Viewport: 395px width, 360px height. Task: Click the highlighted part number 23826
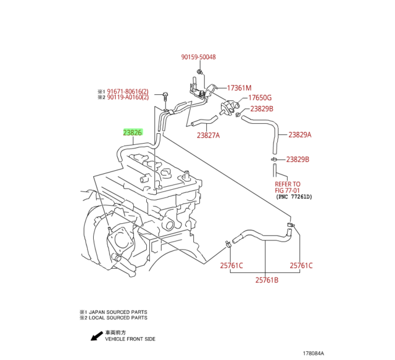[x=133, y=133]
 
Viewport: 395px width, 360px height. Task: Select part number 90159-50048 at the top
[x=198, y=57]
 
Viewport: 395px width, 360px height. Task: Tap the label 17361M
[x=239, y=88]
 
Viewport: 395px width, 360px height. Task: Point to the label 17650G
[x=259, y=98]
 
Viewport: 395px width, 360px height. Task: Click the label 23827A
[x=209, y=136]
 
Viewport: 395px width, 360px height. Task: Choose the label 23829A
[x=300, y=135]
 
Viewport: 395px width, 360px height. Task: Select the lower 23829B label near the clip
[x=297, y=160]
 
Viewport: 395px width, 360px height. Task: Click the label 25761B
[x=267, y=280]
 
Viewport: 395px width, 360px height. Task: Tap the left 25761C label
[x=231, y=266]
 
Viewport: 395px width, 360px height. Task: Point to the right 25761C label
[x=301, y=266]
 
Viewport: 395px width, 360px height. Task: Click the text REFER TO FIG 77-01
[x=288, y=187]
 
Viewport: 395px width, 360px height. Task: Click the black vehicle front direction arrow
[x=96, y=336]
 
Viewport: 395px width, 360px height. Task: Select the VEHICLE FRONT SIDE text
[x=130, y=339]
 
